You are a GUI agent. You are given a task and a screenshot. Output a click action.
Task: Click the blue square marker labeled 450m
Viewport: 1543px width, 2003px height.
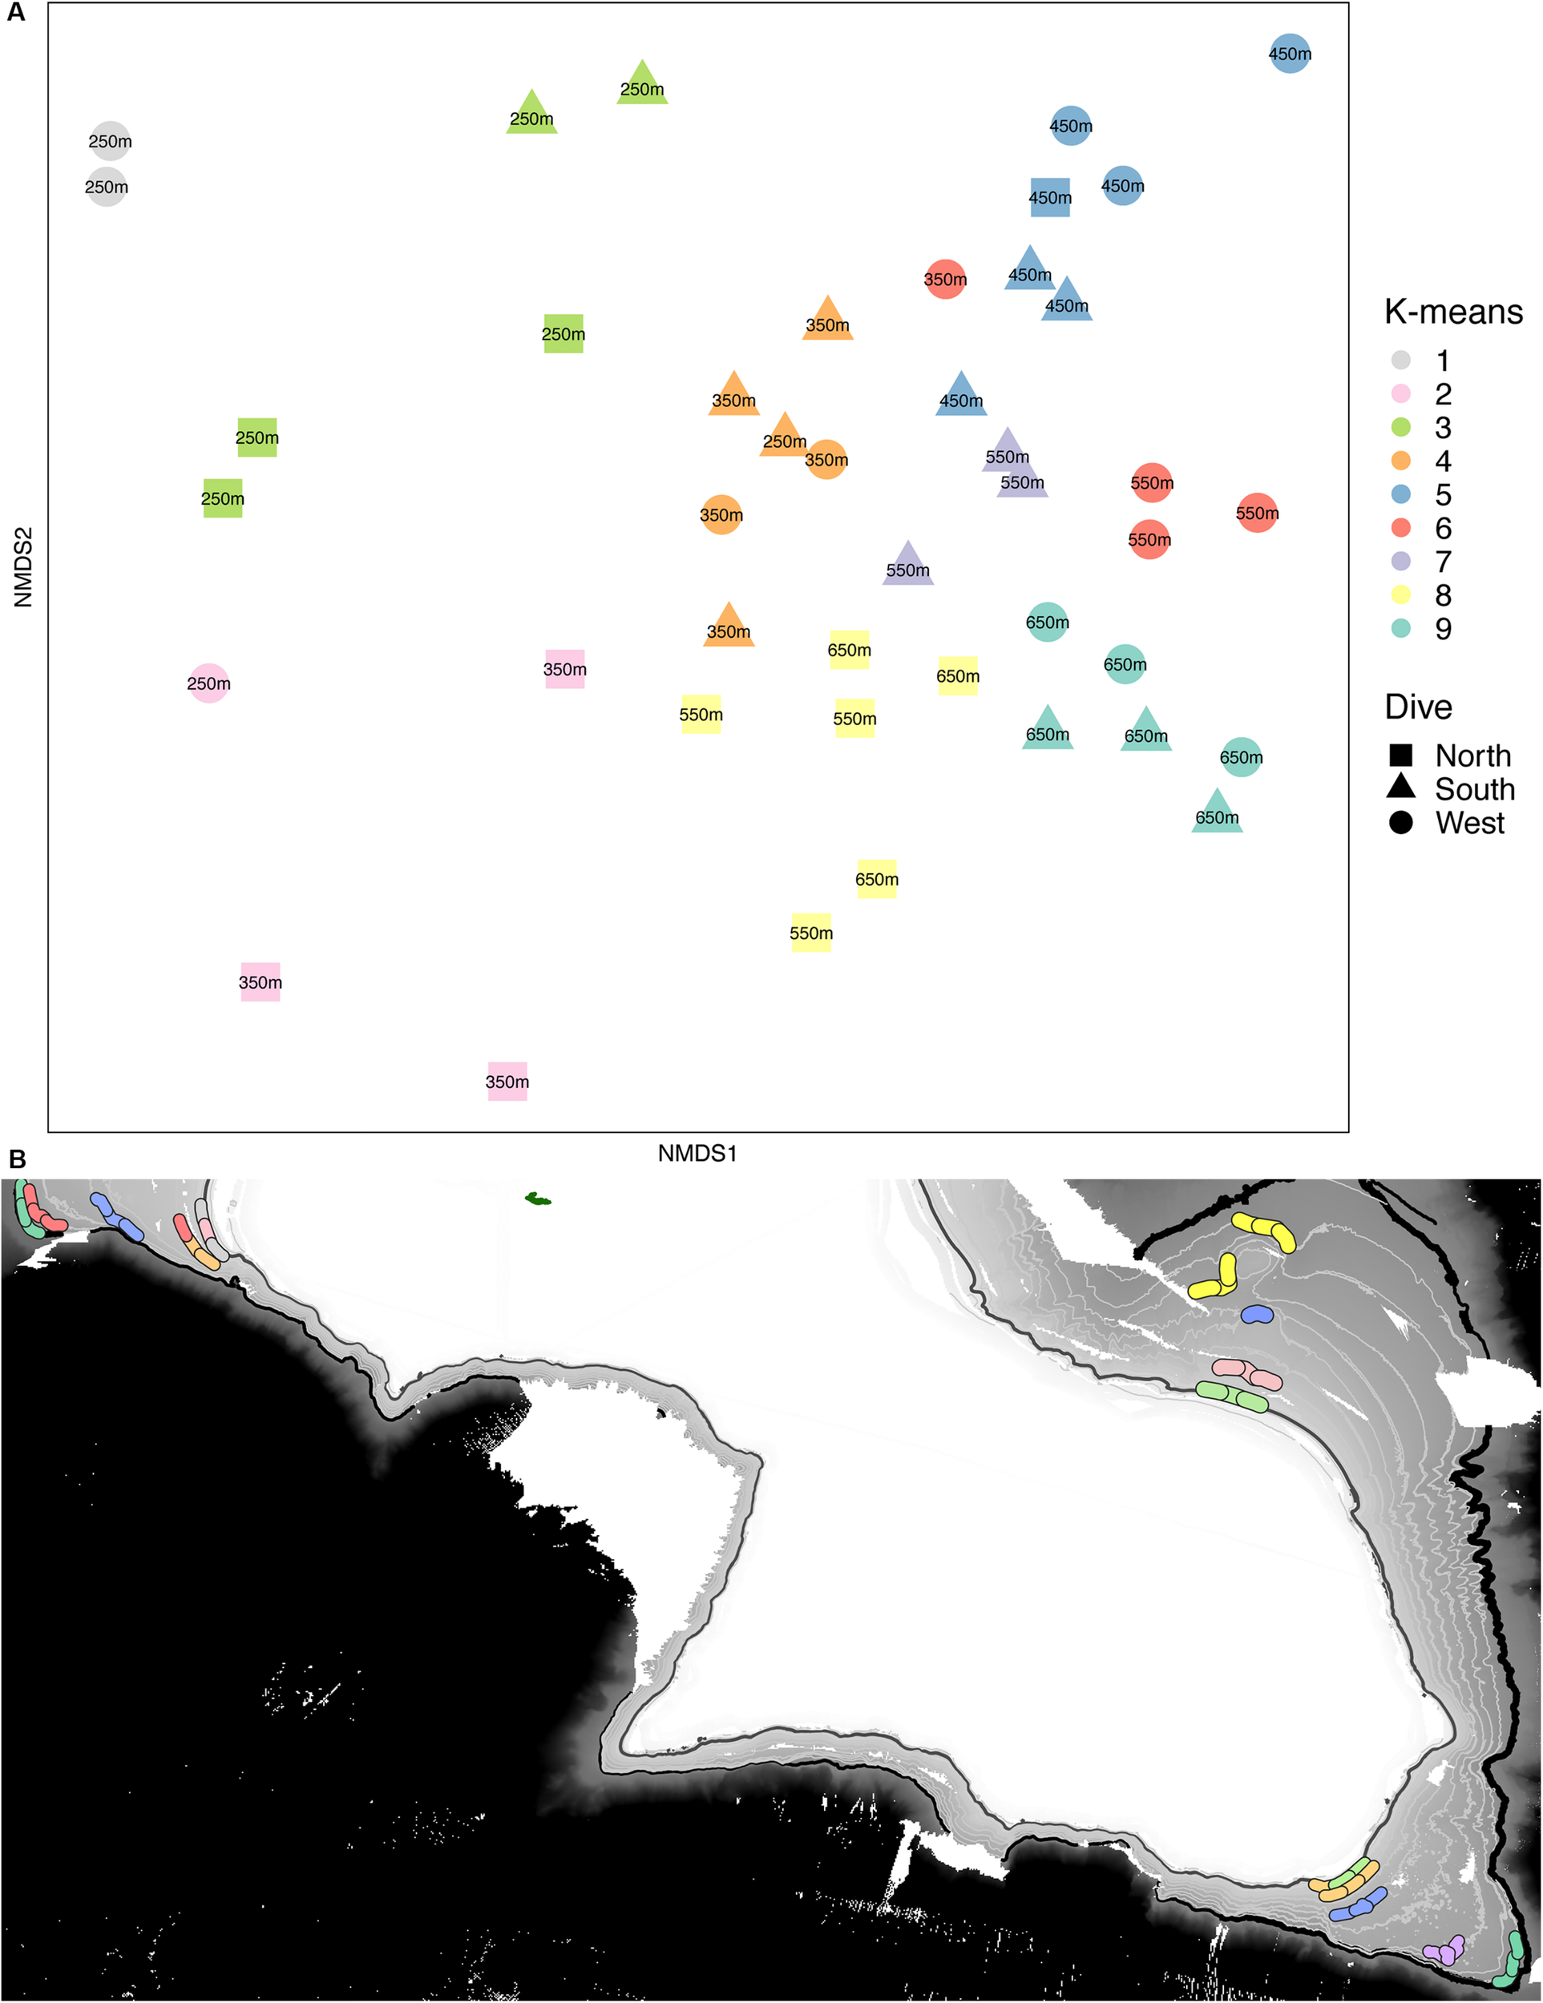coord(1049,197)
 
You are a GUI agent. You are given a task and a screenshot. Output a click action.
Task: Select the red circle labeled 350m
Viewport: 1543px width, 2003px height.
coord(945,279)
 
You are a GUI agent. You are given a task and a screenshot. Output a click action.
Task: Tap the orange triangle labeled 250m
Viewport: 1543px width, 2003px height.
coord(785,437)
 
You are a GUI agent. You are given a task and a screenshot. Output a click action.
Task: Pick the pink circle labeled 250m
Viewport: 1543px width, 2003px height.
coord(209,683)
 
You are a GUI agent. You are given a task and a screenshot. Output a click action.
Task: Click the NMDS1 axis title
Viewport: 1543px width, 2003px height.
coord(697,1153)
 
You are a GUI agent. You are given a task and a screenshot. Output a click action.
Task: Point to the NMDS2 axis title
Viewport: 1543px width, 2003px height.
coord(23,566)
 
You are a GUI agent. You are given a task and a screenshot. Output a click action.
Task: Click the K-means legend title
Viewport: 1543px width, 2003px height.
coord(1453,312)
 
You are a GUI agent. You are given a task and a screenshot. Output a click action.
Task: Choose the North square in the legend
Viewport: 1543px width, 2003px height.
coord(1401,755)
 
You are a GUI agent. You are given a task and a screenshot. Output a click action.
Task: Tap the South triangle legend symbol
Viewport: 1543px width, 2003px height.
coord(1401,788)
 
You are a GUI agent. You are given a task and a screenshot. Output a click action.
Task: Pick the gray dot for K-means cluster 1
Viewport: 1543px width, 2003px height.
coord(1401,360)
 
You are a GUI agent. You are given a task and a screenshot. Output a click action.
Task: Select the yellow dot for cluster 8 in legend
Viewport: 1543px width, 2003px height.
coord(1401,594)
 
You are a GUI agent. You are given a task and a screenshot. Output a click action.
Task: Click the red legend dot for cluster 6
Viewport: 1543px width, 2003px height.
coord(1401,527)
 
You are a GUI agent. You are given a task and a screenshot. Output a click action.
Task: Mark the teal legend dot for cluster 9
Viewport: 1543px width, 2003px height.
coord(1401,628)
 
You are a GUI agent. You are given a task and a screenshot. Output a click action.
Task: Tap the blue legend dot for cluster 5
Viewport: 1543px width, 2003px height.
coord(1401,494)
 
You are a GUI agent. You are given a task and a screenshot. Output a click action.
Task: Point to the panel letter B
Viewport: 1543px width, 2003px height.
coord(17,1160)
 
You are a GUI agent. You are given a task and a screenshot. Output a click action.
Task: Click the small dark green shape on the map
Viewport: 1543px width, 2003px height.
coord(538,1199)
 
